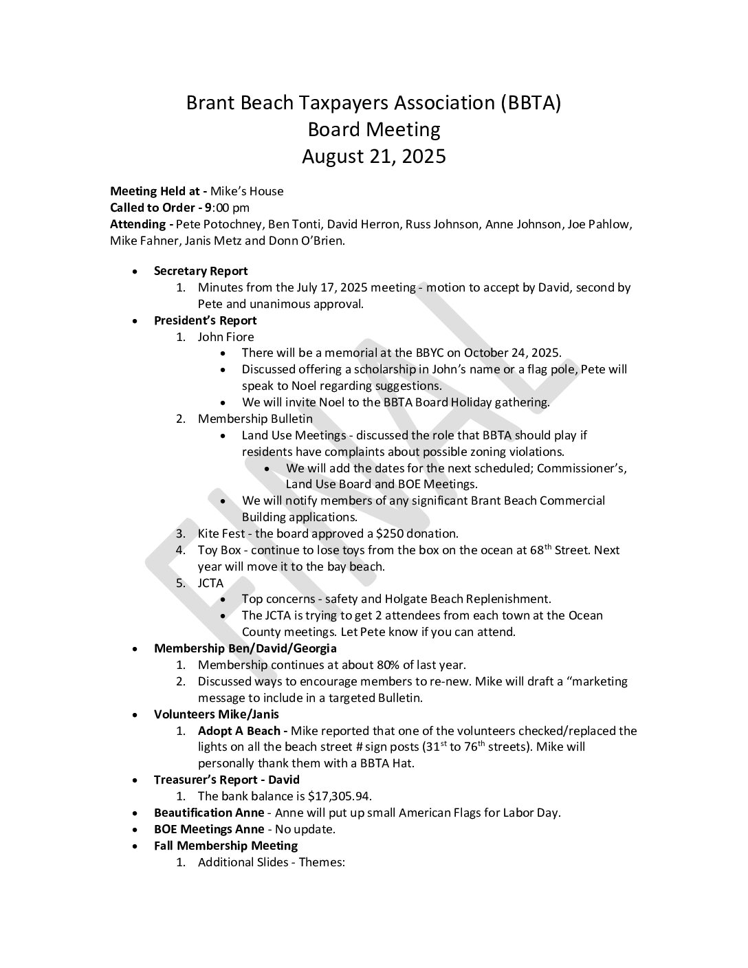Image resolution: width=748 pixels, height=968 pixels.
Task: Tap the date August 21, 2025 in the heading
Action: click(x=374, y=157)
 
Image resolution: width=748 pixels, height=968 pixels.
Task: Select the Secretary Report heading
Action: click(x=201, y=271)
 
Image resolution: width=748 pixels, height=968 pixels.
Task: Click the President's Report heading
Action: click(x=205, y=320)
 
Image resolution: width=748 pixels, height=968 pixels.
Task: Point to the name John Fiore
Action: click(x=225, y=337)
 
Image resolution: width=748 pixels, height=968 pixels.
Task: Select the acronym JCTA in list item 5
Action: click(x=210, y=583)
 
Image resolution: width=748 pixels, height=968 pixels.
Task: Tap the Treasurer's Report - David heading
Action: click(x=227, y=780)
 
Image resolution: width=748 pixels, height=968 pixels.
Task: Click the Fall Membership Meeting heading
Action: click(x=225, y=846)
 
